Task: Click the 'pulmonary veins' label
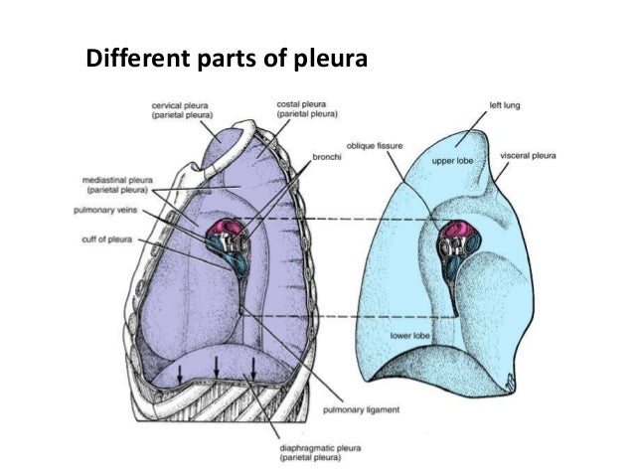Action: [111, 211]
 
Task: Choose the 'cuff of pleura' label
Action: [112, 238]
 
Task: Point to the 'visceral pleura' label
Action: [529, 156]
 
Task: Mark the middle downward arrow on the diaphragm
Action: [217, 367]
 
